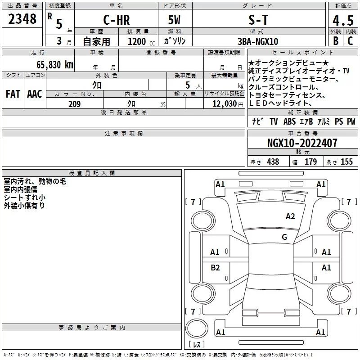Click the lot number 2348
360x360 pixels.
pyautogui.click(x=22, y=19)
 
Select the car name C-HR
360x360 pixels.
pyautogui.click(x=117, y=20)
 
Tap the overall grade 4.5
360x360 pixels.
pyautogui.click(x=343, y=21)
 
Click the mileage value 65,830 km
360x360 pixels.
pyautogui.click(x=55, y=65)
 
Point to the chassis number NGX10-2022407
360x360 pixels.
pyautogui.click(x=302, y=143)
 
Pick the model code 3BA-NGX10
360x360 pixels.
pyautogui.click(x=258, y=41)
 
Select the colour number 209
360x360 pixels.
pyautogui.click(x=75, y=104)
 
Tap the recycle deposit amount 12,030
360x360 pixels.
pyautogui.click(x=225, y=104)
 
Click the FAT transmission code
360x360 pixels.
pyautogui.click(x=13, y=94)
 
